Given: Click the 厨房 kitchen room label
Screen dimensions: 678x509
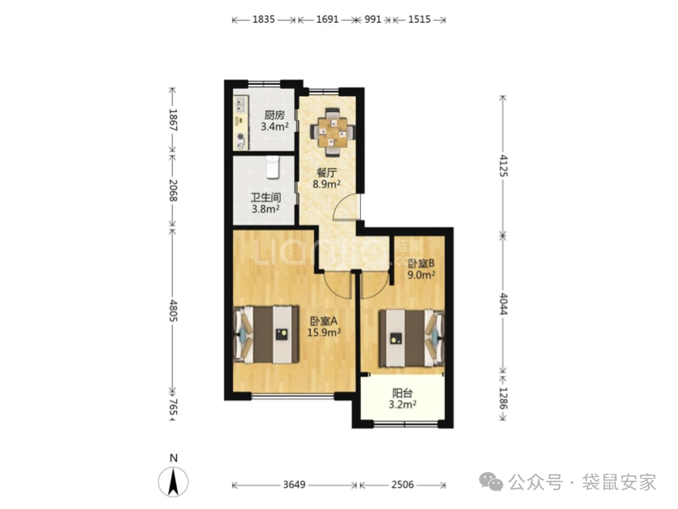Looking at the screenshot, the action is click(275, 116).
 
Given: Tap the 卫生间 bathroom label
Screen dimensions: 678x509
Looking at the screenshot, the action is click(266, 197).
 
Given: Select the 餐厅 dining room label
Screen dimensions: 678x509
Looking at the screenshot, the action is click(326, 173).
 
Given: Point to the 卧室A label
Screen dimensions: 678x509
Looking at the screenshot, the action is click(324, 321).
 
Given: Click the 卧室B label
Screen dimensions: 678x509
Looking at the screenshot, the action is click(421, 264).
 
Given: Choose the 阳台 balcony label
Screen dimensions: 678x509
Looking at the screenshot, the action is click(402, 393).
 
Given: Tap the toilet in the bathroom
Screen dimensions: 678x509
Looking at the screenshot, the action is click(272, 168).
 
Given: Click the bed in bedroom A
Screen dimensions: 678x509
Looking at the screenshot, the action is click(266, 334).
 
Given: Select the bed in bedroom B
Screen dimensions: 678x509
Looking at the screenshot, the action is click(411, 338).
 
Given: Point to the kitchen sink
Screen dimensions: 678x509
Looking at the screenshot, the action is click(240, 104).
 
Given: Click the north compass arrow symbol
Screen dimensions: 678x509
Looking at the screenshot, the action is click(173, 481).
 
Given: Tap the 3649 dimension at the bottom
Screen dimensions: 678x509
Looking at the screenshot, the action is click(294, 485).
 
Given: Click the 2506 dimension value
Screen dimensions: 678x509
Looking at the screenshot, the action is click(403, 485).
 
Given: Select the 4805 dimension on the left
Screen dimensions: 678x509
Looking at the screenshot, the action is click(173, 310).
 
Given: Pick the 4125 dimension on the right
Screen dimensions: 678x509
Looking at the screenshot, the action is click(503, 165).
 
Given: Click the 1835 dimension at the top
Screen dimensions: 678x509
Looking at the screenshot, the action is click(263, 20).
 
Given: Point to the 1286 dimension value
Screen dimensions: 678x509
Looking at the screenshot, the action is click(503, 398).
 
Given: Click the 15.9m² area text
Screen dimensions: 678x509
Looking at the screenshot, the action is click(324, 333).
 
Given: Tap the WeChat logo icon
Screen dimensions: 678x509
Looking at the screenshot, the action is click(491, 481).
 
